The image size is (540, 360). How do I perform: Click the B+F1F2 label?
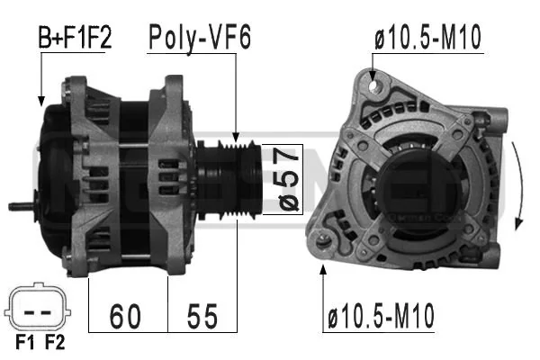75,37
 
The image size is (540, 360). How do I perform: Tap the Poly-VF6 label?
200,38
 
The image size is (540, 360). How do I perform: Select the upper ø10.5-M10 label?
427,38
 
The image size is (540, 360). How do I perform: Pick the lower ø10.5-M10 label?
381,316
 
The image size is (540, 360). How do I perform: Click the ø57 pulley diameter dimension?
289,179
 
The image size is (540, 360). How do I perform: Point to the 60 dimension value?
125,316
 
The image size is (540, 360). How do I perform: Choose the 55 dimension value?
202,316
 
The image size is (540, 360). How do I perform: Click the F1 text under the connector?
25,342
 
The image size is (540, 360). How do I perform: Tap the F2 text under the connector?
55,342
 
